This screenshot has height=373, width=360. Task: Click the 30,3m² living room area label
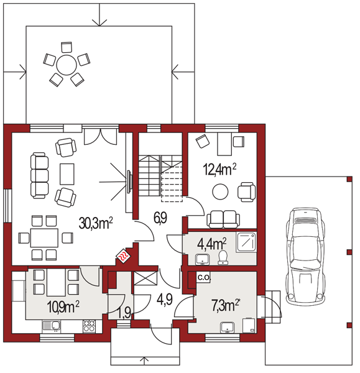point(96,223)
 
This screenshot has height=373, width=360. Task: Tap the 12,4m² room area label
point(219,169)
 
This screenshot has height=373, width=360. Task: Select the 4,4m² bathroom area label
point(212,244)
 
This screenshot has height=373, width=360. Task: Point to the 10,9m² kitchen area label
point(63,306)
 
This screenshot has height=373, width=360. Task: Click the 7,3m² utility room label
point(225,305)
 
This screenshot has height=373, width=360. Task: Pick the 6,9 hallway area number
point(160,218)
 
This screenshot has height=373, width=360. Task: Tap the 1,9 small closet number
point(124,313)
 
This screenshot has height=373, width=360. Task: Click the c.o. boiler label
point(204,277)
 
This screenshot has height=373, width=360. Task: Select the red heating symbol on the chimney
point(123,256)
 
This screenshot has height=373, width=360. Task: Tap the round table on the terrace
point(67,65)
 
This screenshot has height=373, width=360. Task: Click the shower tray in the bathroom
point(246,242)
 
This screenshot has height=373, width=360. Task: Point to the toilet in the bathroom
point(223,257)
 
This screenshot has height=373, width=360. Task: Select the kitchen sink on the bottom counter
point(52,326)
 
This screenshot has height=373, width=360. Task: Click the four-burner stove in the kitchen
point(89,326)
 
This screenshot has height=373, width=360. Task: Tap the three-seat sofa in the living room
point(40,175)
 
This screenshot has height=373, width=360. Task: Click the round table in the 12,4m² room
point(220,191)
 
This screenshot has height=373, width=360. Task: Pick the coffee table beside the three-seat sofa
point(67,174)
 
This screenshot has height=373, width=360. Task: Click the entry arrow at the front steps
point(144,361)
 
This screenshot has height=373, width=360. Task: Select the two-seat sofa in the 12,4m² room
point(223,219)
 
